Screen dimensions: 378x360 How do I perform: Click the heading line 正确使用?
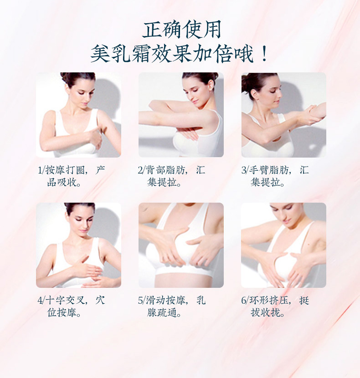point(181,30)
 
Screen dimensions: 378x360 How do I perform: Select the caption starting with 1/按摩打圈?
point(72,176)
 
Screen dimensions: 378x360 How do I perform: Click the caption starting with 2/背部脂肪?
point(171,176)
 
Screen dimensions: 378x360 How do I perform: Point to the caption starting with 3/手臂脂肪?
point(275,176)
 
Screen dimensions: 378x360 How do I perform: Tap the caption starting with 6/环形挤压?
point(275,306)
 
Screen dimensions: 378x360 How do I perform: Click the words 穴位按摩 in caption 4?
point(64,313)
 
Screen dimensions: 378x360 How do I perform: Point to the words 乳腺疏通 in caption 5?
point(164,313)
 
